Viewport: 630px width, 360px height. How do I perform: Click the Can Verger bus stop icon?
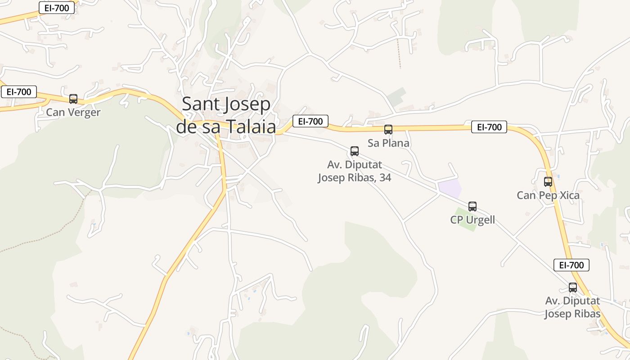73,99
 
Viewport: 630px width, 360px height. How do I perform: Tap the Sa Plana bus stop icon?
388,130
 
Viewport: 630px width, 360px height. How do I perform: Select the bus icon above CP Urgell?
472,207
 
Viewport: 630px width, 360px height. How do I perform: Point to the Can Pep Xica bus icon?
548,182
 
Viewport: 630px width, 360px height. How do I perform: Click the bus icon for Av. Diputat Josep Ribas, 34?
355,151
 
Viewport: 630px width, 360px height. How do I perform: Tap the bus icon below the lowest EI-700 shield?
573,287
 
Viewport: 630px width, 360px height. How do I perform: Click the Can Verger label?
73,112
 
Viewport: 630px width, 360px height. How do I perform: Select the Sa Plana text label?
388,143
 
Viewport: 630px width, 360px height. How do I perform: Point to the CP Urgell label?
472,220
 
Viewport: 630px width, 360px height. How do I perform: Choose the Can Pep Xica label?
548,195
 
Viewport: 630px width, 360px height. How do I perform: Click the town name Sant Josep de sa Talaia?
226,116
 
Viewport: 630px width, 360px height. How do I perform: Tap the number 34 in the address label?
385,178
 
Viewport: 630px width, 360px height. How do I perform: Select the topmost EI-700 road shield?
57,8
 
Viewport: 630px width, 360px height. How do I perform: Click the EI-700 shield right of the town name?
310,121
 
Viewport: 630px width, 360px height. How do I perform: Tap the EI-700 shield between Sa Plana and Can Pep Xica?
489,127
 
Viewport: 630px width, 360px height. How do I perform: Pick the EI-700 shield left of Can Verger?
19,92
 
